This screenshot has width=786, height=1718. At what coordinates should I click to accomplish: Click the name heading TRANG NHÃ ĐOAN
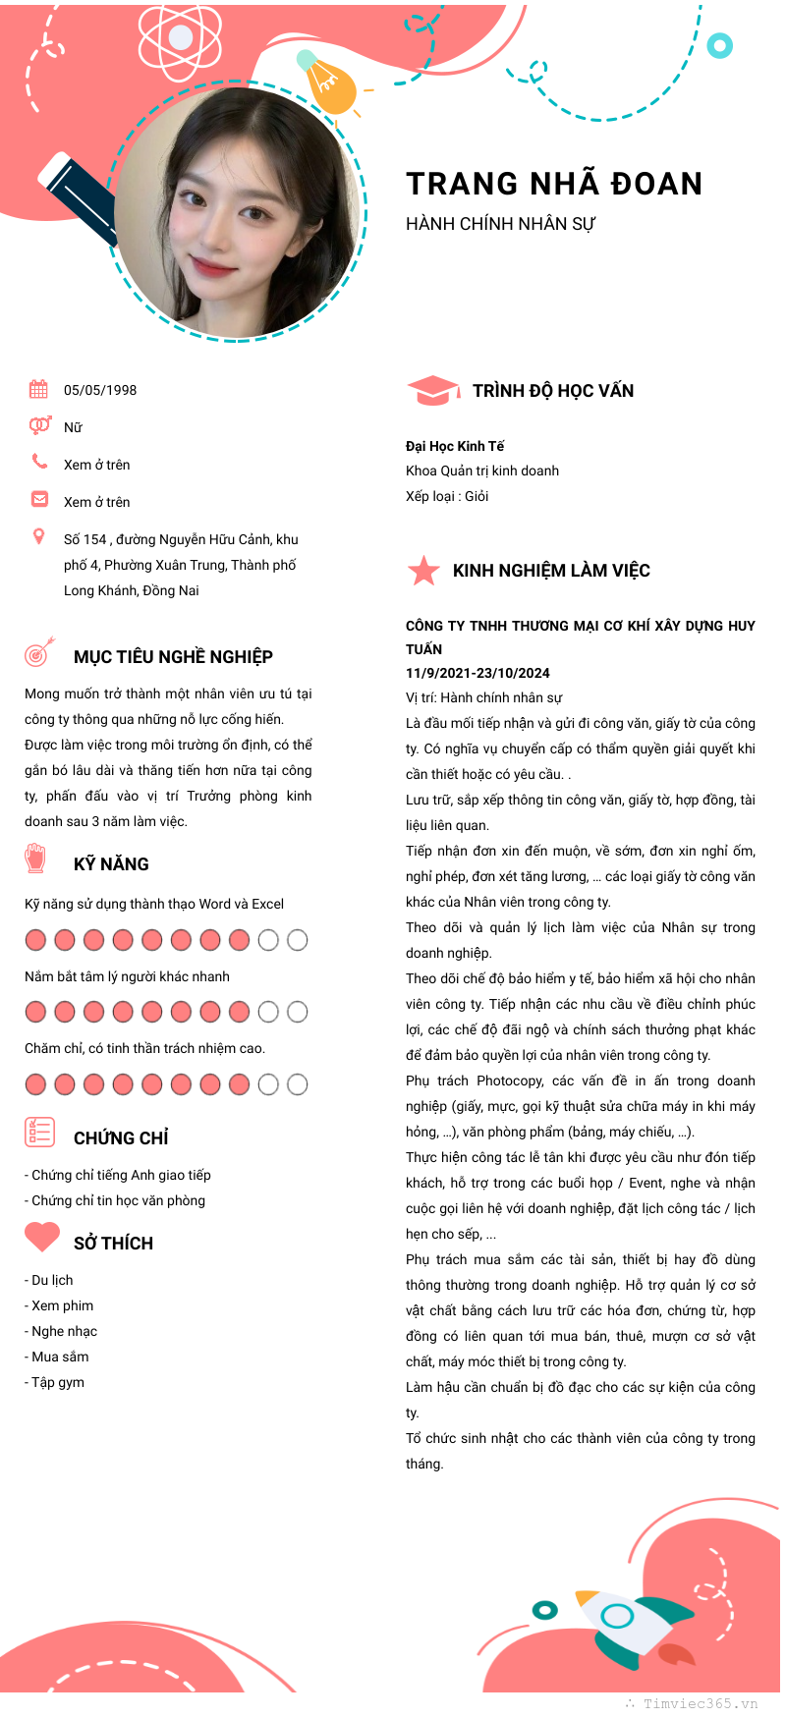pos(554,184)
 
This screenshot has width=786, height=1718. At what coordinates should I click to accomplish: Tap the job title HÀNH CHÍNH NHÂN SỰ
pos(500,224)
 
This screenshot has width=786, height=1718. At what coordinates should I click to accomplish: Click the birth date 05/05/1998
pos(100,390)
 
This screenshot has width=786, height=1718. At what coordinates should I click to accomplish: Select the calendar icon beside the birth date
pos(38,389)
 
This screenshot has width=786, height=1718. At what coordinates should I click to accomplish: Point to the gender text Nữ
pos(73,427)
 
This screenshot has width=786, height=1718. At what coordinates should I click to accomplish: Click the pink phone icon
pos(39,461)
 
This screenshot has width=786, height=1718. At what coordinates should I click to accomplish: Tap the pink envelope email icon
pos(39,499)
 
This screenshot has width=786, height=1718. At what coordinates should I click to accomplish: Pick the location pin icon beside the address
pos(39,536)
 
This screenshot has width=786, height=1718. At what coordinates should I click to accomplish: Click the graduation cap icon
pos(432,391)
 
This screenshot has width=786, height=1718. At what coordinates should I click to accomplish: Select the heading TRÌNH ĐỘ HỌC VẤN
pos(553,391)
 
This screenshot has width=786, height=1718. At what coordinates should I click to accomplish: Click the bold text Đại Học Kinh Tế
pos(455,446)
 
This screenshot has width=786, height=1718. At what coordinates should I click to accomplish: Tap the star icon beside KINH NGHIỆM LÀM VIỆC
pos(423,570)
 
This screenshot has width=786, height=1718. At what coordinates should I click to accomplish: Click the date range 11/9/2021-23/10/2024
pos(477,673)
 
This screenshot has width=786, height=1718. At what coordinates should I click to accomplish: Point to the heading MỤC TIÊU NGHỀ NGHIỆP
pos(173,656)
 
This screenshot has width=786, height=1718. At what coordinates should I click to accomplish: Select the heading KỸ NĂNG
pos(111,864)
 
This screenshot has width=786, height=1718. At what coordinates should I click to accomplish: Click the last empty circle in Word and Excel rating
pos(297,940)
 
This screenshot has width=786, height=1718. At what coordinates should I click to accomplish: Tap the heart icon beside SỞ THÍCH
pos(42,1237)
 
